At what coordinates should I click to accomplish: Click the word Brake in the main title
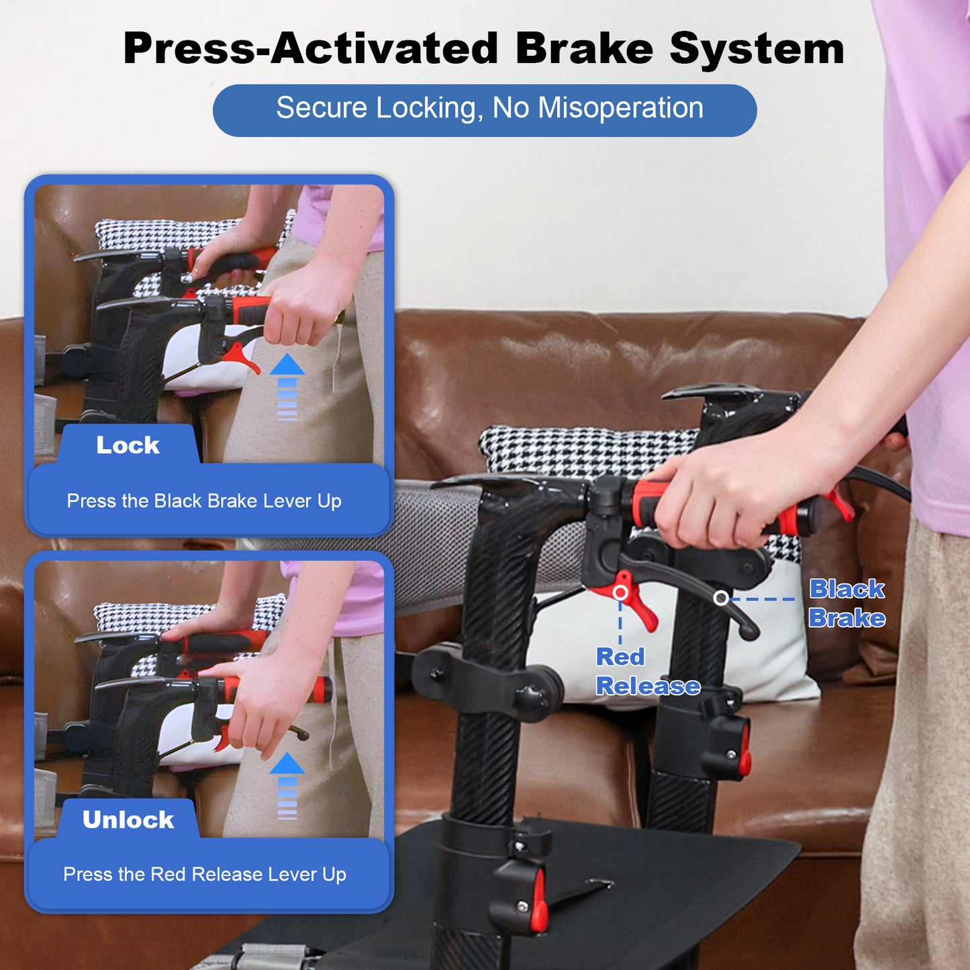click(x=584, y=49)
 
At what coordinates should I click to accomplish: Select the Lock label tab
click(x=128, y=445)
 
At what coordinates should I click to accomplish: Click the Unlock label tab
click(x=128, y=820)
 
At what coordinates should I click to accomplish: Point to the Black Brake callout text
click(x=846, y=603)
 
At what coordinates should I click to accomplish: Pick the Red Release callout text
click(x=647, y=671)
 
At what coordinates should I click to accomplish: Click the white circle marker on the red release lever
click(x=621, y=593)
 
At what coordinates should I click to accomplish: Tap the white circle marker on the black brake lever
click(x=721, y=597)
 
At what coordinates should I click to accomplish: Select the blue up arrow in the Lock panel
click(x=287, y=386)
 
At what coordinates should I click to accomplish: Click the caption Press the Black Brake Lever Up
click(x=204, y=501)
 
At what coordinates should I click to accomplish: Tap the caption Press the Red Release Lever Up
click(x=205, y=874)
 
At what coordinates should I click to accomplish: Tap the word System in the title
click(x=757, y=49)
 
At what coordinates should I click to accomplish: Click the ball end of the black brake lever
click(x=752, y=631)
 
